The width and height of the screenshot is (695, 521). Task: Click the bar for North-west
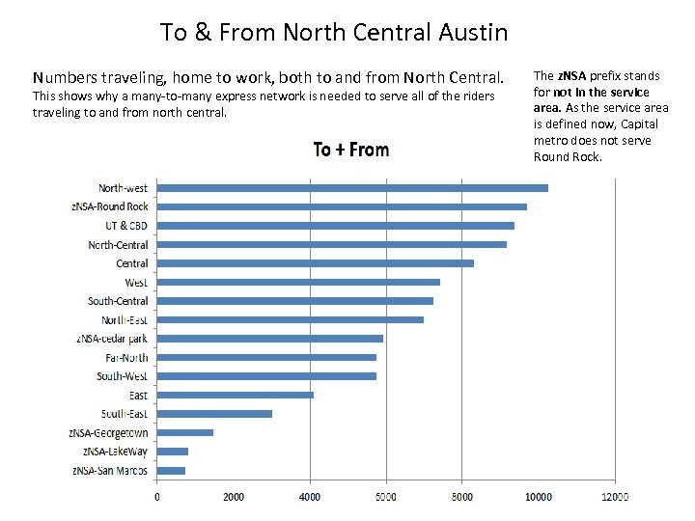352,188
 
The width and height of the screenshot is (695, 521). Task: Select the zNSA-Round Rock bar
342,206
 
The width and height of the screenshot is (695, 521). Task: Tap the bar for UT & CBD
336,226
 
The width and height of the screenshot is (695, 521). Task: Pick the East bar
236,395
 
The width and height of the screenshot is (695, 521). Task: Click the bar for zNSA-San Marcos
172,470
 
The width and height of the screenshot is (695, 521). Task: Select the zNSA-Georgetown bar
185,432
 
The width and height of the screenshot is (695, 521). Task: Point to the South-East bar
214,414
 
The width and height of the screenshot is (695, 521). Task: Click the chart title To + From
350,150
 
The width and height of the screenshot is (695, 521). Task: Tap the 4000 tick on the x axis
310,497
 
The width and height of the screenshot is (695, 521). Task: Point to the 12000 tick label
614,497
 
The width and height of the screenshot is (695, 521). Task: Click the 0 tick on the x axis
157,497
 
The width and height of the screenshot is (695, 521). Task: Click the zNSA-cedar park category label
112,339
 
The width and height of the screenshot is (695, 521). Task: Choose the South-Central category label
118,301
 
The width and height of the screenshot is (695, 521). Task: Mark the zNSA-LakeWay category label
115,452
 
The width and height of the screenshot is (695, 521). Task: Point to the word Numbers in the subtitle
66,76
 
